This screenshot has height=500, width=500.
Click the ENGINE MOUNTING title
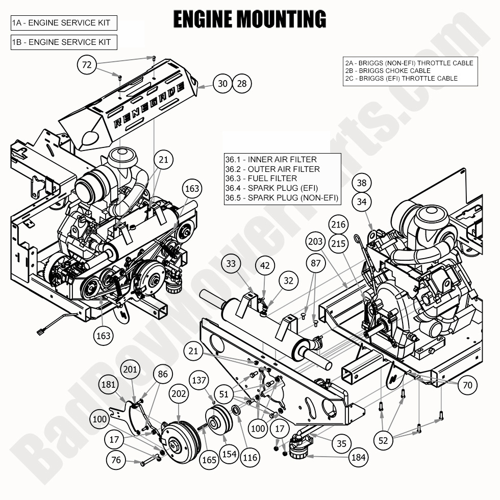(249, 19)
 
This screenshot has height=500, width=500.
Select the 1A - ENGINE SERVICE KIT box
(64, 23)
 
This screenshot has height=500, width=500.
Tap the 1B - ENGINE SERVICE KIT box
(64, 42)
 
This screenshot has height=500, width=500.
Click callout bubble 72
(87, 64)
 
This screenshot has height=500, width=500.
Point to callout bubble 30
(222, 83)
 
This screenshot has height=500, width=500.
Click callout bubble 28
(242, 83)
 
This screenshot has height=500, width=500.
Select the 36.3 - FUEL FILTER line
(261, 179)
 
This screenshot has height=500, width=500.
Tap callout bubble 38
(362, 183)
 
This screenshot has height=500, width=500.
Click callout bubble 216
(338, 224)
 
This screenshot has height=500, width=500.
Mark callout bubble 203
(316, 241)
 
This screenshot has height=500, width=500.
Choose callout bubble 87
(316, 263)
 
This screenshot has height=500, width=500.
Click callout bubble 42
(265, 265)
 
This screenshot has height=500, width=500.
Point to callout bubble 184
(359, 457)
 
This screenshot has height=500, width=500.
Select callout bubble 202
(179, 394)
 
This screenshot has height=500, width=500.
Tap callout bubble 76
(116, 460)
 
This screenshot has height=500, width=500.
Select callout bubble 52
(384, 439)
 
